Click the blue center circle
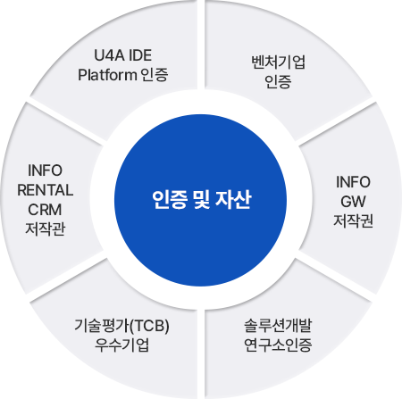[x=200, y=200]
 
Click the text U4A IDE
[x=123, y=55]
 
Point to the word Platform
[x=107, y=74]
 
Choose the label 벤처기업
[x=279, y=62]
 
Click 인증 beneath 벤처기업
[x=278, y=81]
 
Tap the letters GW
[x=353, y=202]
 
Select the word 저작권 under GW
[x=353, y=220]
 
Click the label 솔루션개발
[x=278, y=326]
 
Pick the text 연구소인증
[x=278, y=345]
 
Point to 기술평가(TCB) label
[x=121, y=326]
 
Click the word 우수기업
[x=121, y=345]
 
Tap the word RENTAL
[x=46, y=190]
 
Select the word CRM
[x=45, y=210]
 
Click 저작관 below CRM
[x=46, y=229]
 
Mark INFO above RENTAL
[x=45, y=170]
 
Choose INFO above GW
[x=353, y=182]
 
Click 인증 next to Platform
[x=155, y=74]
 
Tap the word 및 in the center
[x=202, y=200]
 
